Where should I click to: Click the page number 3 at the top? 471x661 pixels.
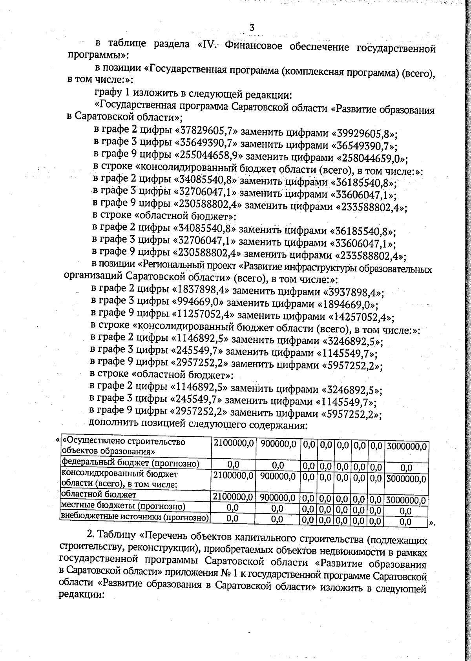tap(252, 28)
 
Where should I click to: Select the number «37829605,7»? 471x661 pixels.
tap(206, 130)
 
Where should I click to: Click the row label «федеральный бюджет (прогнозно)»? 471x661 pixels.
tap(131, 464)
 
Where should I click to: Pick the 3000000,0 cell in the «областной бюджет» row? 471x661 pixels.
tap(406, 500)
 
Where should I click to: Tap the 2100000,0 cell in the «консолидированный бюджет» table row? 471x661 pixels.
tap(233, 476)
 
